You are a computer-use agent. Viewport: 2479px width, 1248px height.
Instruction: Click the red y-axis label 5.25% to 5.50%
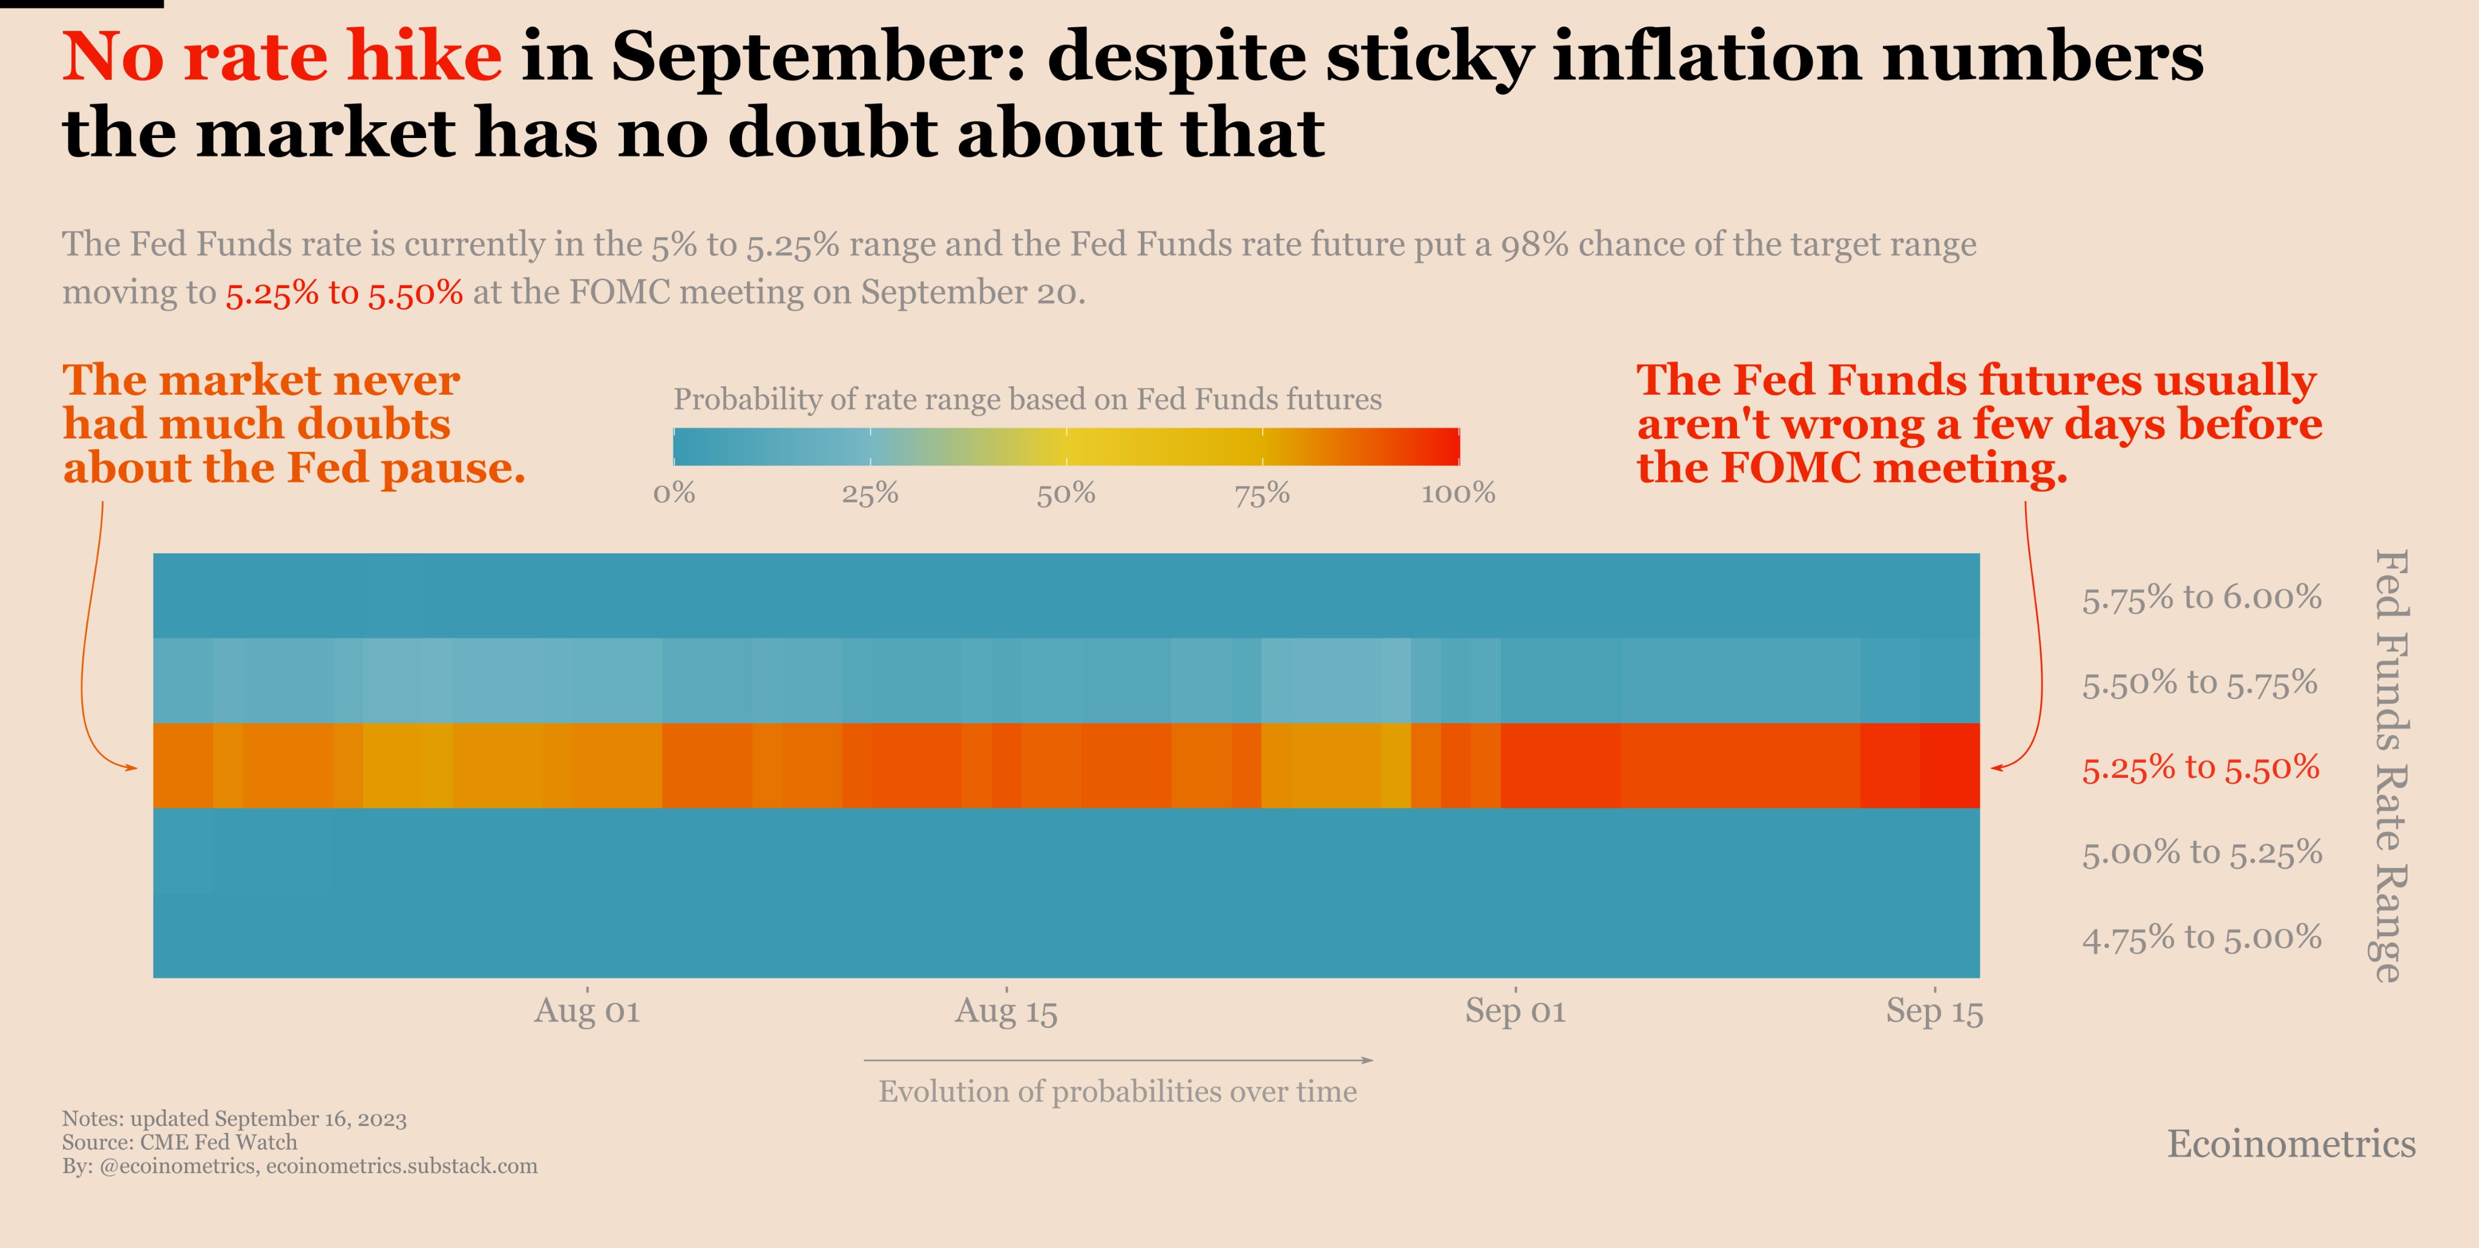coord(2200,768)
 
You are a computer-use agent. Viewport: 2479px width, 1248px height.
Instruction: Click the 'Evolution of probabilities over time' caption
coord(1117,1092)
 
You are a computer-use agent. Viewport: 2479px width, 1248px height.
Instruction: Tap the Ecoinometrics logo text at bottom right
coord(2290,1144)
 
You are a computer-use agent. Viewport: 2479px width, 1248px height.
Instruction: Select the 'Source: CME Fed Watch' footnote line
coord(180,1142)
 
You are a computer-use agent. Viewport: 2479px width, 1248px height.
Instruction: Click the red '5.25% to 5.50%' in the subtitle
coord(344,292)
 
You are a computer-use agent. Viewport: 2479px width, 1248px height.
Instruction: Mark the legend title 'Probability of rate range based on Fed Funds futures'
coord(1027,399)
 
